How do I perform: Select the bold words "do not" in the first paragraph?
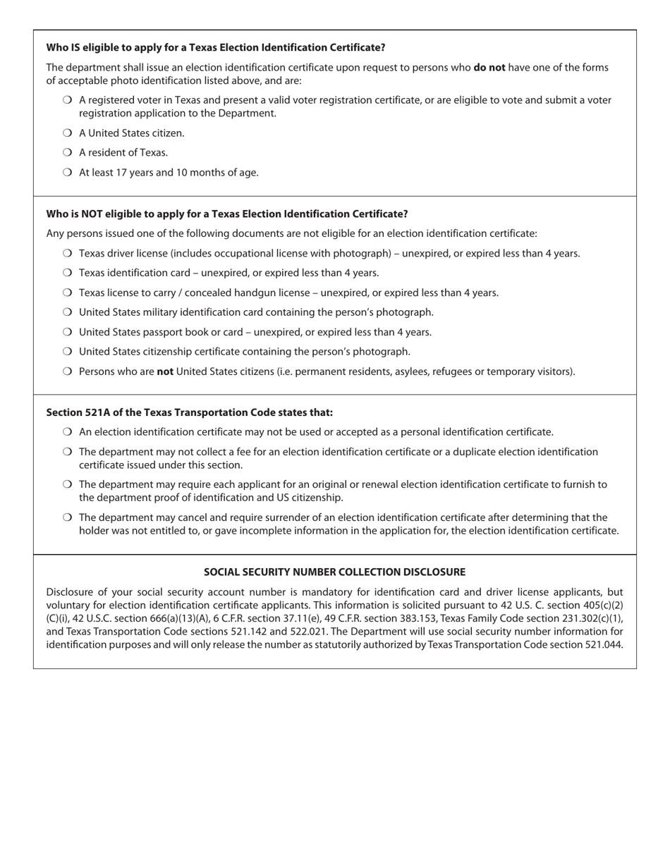click(x=489, y=68)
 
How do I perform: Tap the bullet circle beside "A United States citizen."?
click(x=67, y=133)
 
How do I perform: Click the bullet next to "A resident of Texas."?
click(x=67, y=152)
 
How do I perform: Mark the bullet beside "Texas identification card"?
click(x=67, y=273)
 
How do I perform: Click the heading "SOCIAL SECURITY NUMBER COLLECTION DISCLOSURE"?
click(x=334, y=572)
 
